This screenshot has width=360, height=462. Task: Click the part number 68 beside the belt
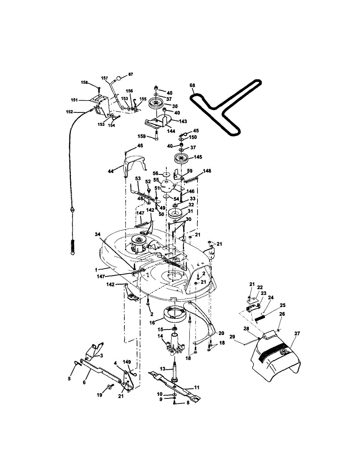tap(193, 85)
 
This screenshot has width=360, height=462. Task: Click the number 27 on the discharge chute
tap(297, 334)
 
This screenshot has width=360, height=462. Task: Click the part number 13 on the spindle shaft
tap(162, 368)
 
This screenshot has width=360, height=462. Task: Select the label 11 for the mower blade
tap(196, 388)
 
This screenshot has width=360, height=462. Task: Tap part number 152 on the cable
tap(70, 112)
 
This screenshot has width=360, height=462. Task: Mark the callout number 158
tap(84, 82)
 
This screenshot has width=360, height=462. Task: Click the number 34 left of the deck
tap(98, 234)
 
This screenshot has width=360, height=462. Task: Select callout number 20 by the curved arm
tap(221, 333)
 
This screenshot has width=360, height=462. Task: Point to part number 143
tap(183, 121)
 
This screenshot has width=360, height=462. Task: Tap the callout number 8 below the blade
tap(188, 403)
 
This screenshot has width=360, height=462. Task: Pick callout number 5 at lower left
tap(69, 378)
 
